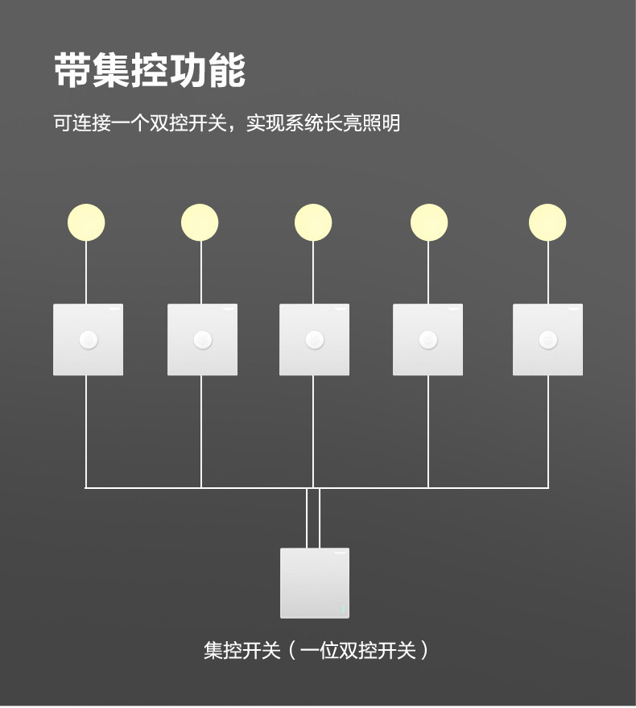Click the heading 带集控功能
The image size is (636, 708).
150,71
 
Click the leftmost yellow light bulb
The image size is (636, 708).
86,222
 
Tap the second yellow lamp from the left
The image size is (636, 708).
200,222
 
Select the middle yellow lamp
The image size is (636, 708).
313,222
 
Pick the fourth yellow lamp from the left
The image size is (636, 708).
429,222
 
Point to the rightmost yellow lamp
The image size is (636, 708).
547,222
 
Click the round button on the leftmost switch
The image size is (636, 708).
88,340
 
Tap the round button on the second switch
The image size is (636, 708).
202,340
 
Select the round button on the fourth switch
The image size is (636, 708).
427,340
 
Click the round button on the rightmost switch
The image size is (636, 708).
547,340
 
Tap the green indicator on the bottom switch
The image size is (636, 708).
343,609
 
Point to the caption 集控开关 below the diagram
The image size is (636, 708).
242,650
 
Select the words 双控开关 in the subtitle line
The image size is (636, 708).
186,124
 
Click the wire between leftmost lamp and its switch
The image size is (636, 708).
86,272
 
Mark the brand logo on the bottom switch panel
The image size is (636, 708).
341,553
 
